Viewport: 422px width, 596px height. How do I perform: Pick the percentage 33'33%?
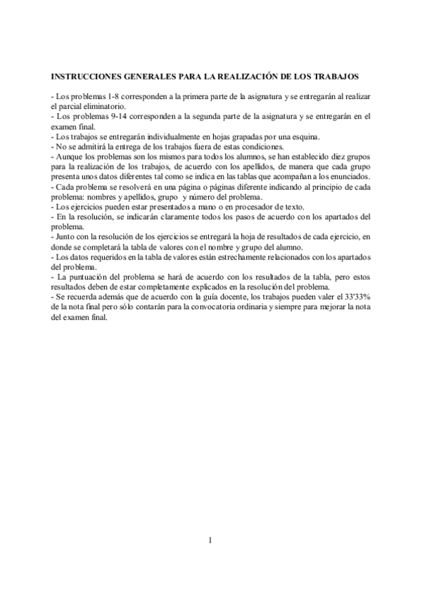(x=357, y=299)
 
